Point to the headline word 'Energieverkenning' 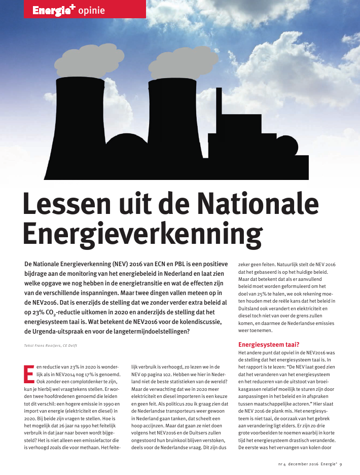[140, 234]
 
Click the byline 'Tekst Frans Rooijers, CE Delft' [51, 346]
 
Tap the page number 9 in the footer [341, 464]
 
